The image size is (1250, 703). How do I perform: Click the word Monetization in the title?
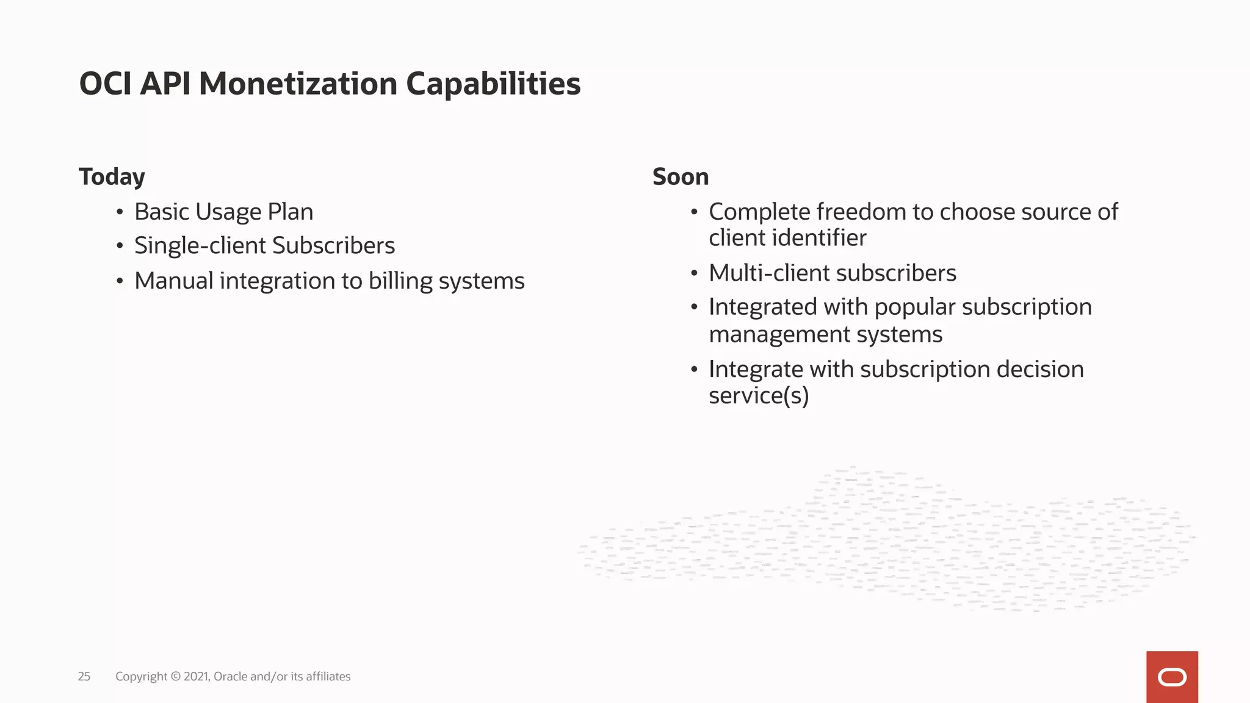click(298, 84)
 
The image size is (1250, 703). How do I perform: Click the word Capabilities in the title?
click(493, 84)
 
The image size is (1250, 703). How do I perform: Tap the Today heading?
click(112, 177)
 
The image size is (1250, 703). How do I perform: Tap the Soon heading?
click(681, 177)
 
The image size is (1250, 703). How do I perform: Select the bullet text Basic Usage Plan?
click(223, 212)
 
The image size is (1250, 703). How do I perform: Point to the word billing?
click(400, 281)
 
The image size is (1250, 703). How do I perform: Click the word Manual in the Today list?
click(173, 281)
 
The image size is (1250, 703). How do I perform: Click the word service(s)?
click(759, 395)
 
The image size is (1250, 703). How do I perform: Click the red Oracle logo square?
click(1172, 677)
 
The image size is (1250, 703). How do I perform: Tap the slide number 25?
click(84, 676)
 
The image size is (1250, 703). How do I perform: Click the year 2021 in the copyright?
click(195, 676)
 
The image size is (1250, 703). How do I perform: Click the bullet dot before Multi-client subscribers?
click(694, 273)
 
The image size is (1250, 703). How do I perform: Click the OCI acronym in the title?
click(105, 84)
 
